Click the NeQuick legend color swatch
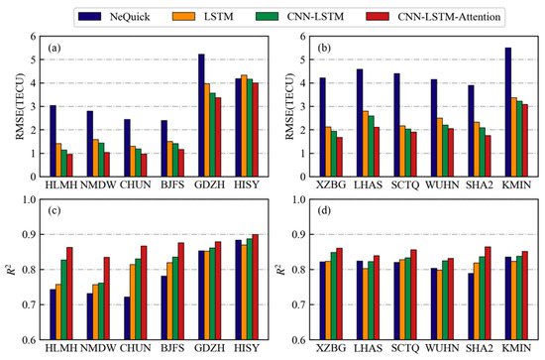89,16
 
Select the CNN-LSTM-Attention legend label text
449,16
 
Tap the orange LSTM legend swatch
183,16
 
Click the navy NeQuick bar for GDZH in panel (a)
201,115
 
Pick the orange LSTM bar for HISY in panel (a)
244,126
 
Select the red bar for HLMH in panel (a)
70,166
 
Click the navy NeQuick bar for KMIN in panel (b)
508,112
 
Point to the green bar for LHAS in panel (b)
371,146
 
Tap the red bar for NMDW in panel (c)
107,299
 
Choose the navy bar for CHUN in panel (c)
127,318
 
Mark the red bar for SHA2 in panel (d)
488,294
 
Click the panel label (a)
54,48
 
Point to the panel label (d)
324,211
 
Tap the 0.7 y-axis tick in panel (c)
31,305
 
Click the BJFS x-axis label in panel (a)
172,184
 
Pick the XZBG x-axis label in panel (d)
331,348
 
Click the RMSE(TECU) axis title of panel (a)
20,106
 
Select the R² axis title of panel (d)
281,269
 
